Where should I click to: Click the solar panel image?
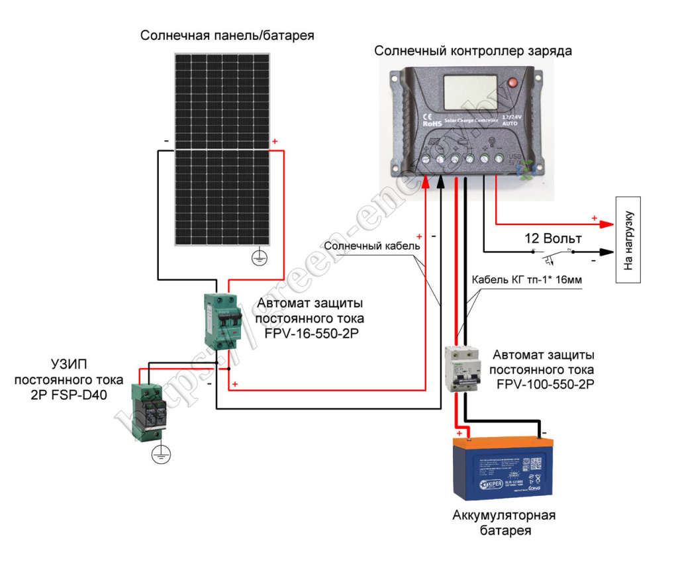click(x=222, y=149)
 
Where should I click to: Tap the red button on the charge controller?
click(x=511, y=83)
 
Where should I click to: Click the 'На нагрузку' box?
click(x=630, y=239)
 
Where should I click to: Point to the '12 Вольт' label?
click(x=554, y=238)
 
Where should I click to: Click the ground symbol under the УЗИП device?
click(x=161, y=455)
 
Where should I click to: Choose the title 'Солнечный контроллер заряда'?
click(x=473, y=51)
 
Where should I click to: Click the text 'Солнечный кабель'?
click(x=373, y=246)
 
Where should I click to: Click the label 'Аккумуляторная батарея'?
click(x=504, y=522)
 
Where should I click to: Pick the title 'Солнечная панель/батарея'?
click(x=226, y=36)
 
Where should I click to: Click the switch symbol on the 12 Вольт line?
click(x=553, y=253)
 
